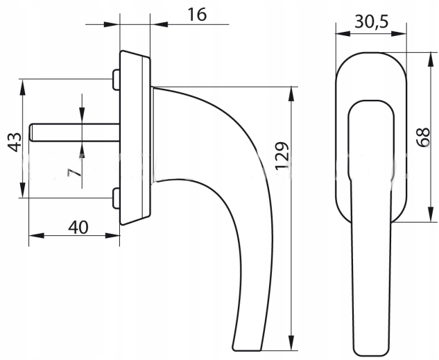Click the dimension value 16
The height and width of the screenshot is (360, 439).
(197, 15)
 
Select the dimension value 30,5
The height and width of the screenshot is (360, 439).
(372, 22)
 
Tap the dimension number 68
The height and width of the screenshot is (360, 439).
(423, 137)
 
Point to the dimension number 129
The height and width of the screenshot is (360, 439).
(282, 156)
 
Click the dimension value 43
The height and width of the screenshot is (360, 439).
(14, 142)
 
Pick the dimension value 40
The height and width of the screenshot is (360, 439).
(78, 228)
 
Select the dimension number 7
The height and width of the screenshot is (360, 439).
(74, 173)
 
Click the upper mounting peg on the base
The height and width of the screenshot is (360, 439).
(116, 80)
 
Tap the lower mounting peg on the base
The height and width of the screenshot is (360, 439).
(116, 198)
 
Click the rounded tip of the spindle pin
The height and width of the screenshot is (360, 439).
(31, 132)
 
